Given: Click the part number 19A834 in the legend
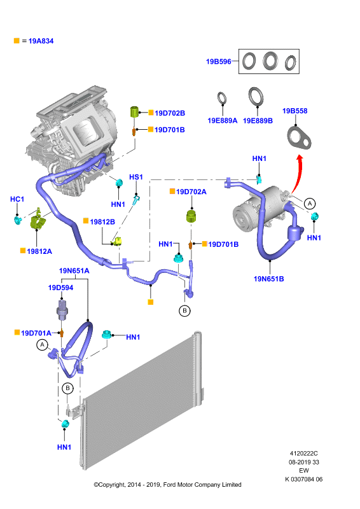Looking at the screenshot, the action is click(41, 41).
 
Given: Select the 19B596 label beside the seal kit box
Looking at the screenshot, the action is click(218, 61).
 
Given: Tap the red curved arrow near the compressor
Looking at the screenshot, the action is click(296, 174).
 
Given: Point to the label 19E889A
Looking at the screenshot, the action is click(223, 121).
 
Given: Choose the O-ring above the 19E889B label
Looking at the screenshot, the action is click(256, 97).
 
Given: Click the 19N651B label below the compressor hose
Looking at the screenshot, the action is click(268, 279).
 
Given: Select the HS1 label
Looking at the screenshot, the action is click(136, 177).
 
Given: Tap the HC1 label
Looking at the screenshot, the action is click(17, 199).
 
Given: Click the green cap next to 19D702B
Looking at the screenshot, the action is click(134, 112).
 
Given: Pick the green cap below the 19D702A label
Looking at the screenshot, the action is click(192, 216).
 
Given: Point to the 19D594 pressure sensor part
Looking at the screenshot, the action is click(62, 309).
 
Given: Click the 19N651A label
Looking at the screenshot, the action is click(74, 271).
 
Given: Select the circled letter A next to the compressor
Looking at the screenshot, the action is click(310, 204).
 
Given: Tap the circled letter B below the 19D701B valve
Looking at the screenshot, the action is click(184, 310).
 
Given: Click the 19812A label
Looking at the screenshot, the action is click(39, 251).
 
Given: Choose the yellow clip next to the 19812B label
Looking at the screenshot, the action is click(117, 241).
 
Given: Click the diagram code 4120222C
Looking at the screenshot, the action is click(303, 454).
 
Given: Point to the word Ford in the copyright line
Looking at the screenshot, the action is click(170, 485).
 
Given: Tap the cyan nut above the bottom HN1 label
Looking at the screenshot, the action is click(66, 424).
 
